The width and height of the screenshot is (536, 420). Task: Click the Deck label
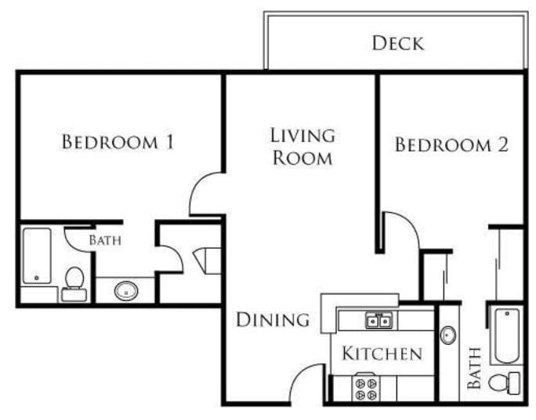coord(398,42)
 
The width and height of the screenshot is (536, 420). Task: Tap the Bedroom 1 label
coord(118,143)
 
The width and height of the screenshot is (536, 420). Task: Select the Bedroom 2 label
coord(451,145)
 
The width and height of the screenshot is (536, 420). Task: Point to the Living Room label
coord(302,146)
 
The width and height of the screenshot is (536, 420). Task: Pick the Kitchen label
coord(382,354)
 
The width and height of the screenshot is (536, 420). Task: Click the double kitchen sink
coord(378,320)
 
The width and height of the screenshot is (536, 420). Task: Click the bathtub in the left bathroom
coord(36,256)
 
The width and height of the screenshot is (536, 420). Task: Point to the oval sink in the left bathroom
coord(125,291)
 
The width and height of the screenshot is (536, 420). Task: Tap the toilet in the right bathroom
coord(505,383)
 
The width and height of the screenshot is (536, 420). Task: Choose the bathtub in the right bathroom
coord(506,335)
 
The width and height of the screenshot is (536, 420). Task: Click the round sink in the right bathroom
coord(448,335)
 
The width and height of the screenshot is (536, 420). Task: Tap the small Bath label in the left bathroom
coord(104,240)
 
